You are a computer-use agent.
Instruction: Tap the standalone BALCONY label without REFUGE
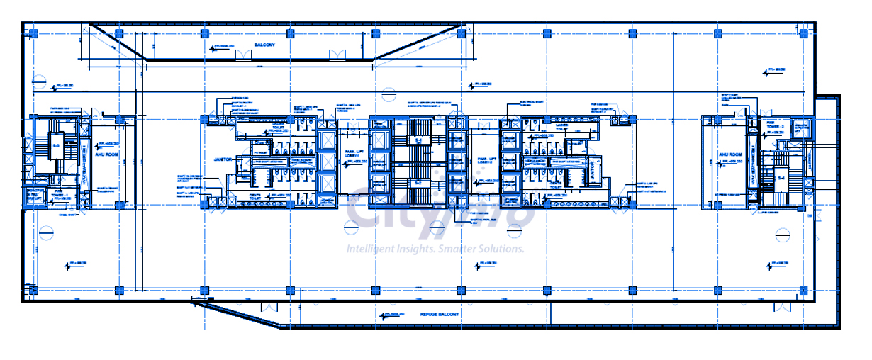pyautogui.click(x=264, y=45)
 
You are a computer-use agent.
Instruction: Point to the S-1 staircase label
pyautogui.click(x=418, y=141)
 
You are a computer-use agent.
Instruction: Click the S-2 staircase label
pyautogui.click(x=418, y=182)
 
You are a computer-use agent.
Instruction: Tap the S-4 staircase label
pyautogui.click(x=782, y=176)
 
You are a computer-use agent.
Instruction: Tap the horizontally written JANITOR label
pyautogui.click(x=214, y=160)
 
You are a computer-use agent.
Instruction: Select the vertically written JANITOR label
pyautogui.click(x=593, y=172)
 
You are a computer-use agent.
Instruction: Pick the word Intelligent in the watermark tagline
pyautogui.click(x=367, y=249)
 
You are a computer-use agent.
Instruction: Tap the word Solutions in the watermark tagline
pyautogui.click(x=503, y=249)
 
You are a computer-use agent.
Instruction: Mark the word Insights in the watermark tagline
pyautogui.click(x=413, y=249)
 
